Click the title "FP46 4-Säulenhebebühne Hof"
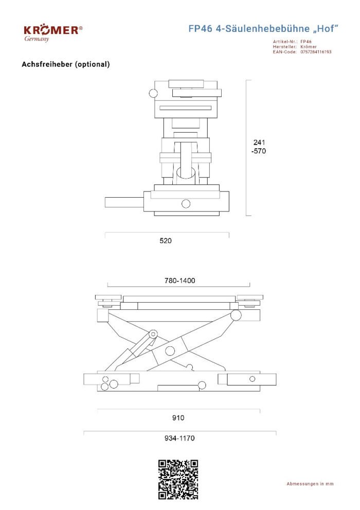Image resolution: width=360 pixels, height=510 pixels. pos(263,29)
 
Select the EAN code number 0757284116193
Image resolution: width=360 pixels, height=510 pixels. pos(316,51)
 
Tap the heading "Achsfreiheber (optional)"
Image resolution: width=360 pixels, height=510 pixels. pos(66,64)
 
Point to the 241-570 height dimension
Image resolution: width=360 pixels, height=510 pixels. pos(259,147)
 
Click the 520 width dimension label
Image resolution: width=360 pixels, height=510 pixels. pos(166,241)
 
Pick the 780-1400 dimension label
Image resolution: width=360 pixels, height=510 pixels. pos(179,280)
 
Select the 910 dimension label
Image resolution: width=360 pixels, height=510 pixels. pos(178,418)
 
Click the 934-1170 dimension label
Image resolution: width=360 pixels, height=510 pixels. pos(179,438)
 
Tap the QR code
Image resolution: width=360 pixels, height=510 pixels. pos(178,480)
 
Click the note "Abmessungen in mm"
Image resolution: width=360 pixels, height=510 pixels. pos(310,484)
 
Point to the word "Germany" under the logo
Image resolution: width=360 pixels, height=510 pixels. pos(37,39)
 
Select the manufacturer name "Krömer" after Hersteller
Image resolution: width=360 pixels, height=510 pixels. pos(309,47)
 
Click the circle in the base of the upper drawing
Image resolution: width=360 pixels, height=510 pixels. pos(186,204)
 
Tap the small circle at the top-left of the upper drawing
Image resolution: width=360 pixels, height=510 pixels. pos(153,93)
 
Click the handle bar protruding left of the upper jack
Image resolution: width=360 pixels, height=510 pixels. pos(124,202)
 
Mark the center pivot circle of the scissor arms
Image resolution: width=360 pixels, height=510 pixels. pos(170,351)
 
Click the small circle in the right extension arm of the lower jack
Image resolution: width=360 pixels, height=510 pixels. pos(252,379)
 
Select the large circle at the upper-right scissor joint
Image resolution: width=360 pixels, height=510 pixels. pos(236,315)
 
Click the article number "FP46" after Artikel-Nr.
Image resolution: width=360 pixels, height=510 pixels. pos(305,42)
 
